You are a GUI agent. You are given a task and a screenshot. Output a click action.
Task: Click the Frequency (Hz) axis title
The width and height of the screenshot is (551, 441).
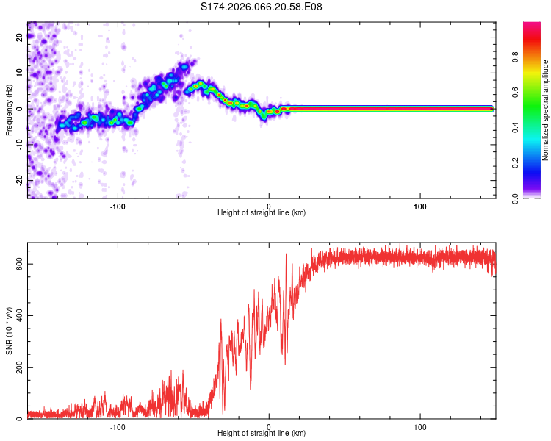(x=9, y=110)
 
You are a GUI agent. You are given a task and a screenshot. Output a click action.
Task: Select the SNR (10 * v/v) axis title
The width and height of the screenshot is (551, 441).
(x=9, y=331)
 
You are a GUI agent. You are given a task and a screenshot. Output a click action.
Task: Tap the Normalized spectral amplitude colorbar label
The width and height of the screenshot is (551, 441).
(x=546, y=110)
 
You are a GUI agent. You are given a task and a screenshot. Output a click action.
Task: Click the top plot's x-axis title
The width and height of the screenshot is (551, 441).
(x=262, y=212)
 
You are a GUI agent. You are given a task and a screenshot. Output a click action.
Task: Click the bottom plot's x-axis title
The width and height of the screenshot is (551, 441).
(x=262, y=434)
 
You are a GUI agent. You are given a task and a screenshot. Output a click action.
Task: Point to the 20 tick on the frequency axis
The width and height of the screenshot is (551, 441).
(x=20, y=38)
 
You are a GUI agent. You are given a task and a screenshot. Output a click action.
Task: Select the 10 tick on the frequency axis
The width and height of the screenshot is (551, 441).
(x=20, y=73)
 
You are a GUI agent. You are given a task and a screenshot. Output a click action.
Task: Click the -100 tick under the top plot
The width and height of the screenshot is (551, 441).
(x=118, y=205)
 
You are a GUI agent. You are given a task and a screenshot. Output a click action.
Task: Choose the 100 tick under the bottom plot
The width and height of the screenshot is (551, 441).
(x=420, y=426)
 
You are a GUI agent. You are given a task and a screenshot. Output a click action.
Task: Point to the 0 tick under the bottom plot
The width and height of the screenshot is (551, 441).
(x=269, y=426)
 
